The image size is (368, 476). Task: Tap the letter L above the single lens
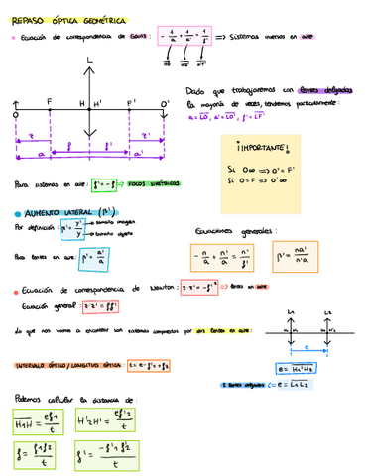pyautogui.click(x=90, y=62)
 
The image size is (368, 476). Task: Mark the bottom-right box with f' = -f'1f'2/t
pyautogui.click(x=106, y=458)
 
